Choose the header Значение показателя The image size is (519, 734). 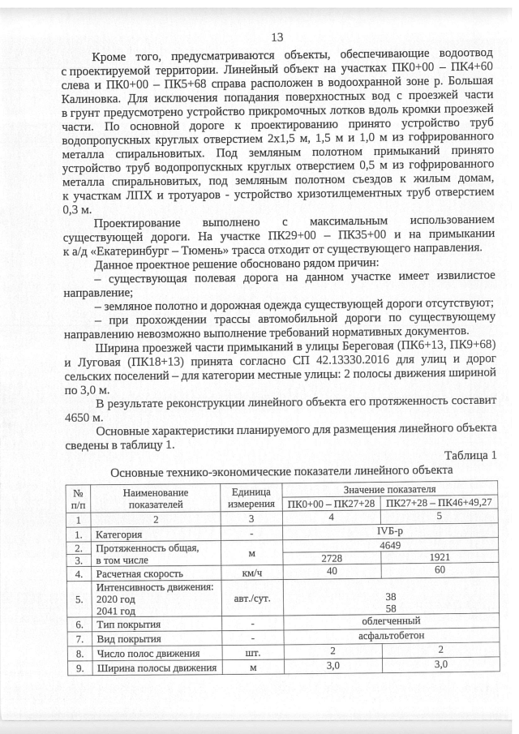coord(388,490)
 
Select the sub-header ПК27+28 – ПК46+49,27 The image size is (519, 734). coord(440,504)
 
